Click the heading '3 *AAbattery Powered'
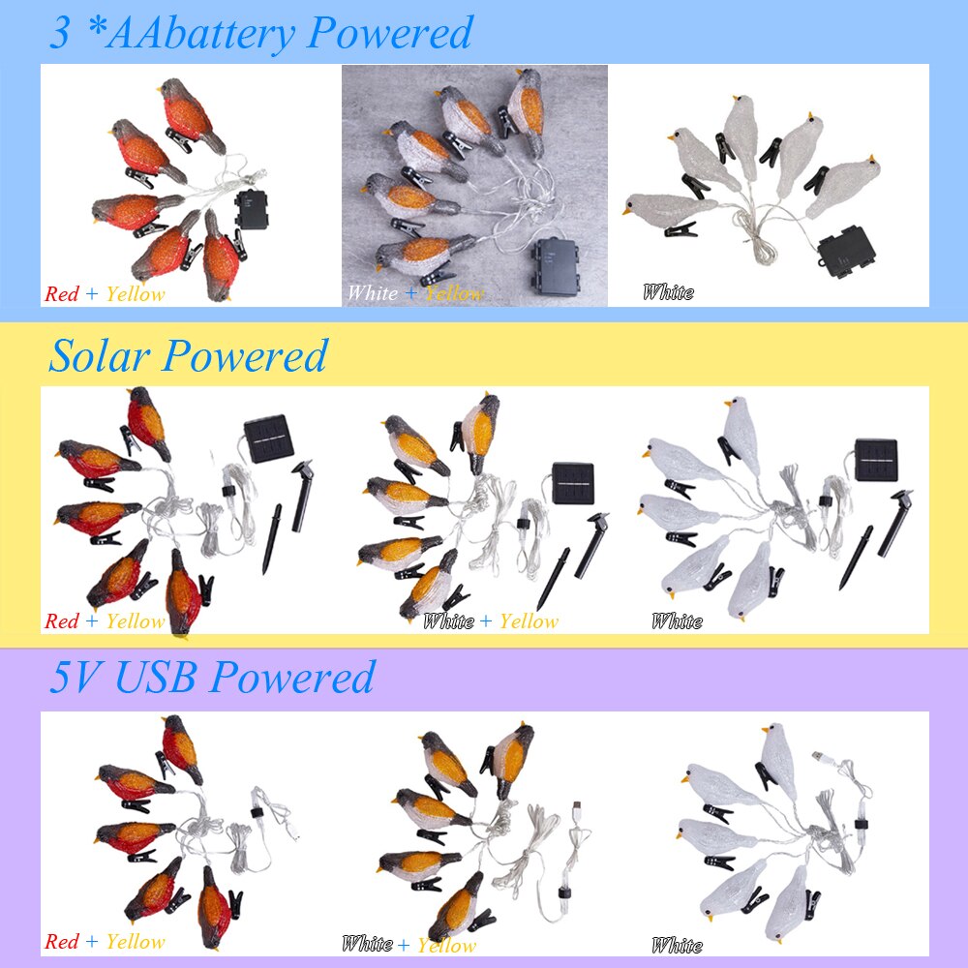pyautogui.click(x=260, y=33)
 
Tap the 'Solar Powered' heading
pyautogui.click(x=188, y=355)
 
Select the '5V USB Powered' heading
pyautogui.click(x=211, y=677)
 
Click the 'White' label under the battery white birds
pyautogui.click(x=668, y=291)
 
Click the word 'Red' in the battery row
pyautogui.click(x=62, y=293)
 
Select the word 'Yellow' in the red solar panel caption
pyautogui.click(x=136, y=620)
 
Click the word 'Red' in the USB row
pyautogui.click(x=62, y=941)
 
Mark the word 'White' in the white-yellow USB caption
pyautogui.click(x=367, y=944)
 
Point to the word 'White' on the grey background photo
pyautogui.click(x=372, y=292)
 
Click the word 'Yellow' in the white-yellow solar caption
pyautogui.click(x=529, y=620)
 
